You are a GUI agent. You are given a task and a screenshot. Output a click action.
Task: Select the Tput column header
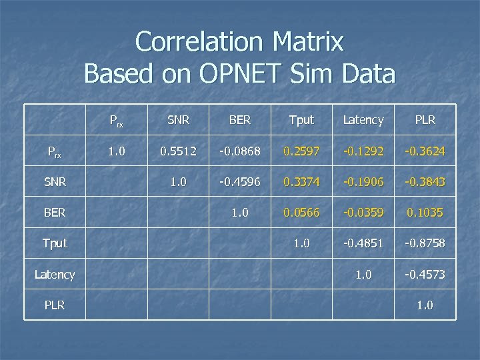(x=301, y=120)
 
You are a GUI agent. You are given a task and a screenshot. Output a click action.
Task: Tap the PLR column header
(x=425, y=120)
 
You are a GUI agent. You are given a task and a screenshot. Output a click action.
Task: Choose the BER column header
(x=240, y=120)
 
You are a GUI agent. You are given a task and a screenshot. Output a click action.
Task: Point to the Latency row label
(x=55, y=274)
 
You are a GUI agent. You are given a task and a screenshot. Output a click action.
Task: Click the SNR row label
(x=55, y=182)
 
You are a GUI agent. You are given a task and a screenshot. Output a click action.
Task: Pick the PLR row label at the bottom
(x=55, y=305)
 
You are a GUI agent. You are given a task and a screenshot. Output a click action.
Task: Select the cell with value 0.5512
(x=178, y=151)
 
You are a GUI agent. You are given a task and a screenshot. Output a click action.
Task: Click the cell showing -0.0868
(x=240, y=151)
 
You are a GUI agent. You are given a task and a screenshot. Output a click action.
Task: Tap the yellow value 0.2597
(x=301, y=151)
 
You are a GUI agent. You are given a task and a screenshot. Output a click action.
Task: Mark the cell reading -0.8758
(x=425, y=243)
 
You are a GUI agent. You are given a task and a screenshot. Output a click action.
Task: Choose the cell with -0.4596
(x=240, y=182)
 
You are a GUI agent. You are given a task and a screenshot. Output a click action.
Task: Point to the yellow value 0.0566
(x=301, y=213)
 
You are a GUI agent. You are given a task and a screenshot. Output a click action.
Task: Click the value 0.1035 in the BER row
(x=425, y=213)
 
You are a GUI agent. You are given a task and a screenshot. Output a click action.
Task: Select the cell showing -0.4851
(x=363, y=243)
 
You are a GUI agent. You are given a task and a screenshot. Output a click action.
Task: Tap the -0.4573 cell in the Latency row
(x=425, y=274)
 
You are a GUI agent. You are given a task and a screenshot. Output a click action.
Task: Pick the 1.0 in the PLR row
(x=425, y=305)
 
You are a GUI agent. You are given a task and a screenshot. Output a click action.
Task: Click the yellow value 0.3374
(x=301, y=182)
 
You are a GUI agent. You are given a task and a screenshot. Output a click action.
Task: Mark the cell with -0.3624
(x=425, y=151)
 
